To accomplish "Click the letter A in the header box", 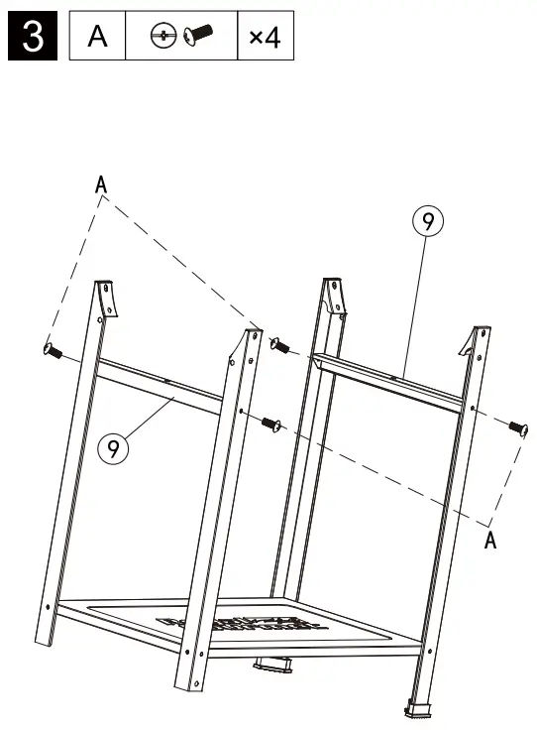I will tap(97, 38).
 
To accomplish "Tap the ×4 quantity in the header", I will tap(265, 38).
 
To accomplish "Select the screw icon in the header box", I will tap(194, 37).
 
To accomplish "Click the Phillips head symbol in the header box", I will tap(162, 38).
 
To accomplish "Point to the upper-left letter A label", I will tap(101, 183).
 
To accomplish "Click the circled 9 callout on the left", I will tap(113, 449).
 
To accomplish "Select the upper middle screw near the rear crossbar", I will tap(280, 346).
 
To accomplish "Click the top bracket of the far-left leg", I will tap(106, 298).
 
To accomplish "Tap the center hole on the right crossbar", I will tap(395, 376).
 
